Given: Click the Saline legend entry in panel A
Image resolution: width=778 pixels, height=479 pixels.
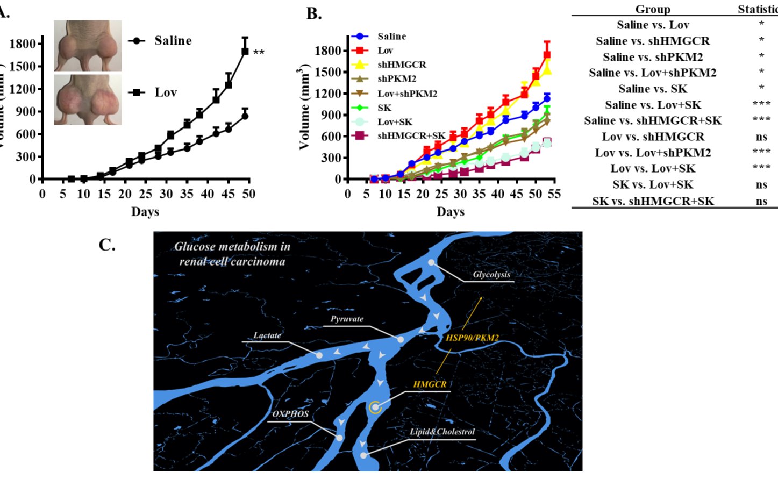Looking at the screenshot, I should click(x=172, y=41).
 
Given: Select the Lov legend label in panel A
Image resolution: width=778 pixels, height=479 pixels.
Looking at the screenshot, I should click(x=166, y=92).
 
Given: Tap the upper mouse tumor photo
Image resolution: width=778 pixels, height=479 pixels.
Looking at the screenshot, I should click(x=88, y=46).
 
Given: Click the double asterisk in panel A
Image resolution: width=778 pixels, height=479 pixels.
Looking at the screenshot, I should click(x=259, y=53).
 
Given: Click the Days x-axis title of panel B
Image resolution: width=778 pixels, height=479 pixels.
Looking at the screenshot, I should click(x=450, y=212).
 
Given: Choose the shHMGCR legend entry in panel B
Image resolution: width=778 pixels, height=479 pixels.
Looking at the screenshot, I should click(x=401, y=65).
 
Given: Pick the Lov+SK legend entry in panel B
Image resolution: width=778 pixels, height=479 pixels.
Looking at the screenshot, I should click(x=395, y=122).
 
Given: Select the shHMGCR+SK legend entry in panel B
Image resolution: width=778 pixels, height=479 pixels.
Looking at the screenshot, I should click(x=411, y=136).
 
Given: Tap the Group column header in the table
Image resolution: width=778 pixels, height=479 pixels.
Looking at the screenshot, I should click(x=652, y=9).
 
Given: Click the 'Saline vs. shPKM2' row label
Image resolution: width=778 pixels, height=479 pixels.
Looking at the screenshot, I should click(x=653, y=57).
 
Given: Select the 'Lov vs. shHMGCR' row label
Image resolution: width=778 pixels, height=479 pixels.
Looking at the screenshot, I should click(x=653, y=137).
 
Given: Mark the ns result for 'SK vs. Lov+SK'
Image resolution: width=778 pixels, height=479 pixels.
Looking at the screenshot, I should click(x=761, y=184).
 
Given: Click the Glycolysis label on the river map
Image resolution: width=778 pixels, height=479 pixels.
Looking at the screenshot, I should click(x=491, y=275).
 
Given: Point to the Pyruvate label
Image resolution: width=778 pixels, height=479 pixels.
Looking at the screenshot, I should click(x=347, y=319).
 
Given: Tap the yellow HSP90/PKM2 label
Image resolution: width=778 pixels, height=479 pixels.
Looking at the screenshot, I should click(x=472, y=338).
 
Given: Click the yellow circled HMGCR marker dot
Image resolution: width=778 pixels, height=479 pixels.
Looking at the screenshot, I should click(x=375, y=407).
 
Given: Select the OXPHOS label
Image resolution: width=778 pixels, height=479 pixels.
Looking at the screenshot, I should click(x=290, y=414).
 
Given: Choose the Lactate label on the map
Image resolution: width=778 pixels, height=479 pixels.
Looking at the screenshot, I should click(x=267, y=335).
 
